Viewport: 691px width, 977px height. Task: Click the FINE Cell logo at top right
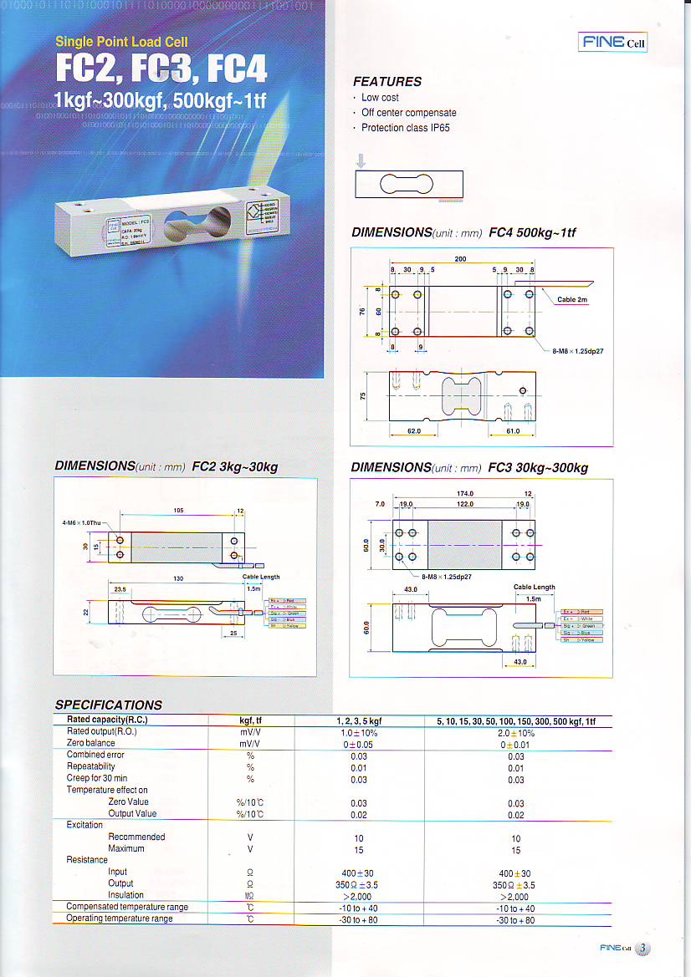coord(613,43)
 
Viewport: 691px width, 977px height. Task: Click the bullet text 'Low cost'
coord(380,98)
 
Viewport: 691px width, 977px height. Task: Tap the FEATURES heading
coord(386,81)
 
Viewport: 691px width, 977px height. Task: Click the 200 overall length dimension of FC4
coord(461,259)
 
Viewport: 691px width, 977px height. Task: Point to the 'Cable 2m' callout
coord(572,299)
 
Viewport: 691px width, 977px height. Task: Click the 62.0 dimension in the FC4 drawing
coord(413,431)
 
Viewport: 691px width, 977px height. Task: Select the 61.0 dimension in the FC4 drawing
coord(513,431)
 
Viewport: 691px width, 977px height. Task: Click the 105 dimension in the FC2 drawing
coord(179,511)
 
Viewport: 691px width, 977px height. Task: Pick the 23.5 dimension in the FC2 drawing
coord(120,589)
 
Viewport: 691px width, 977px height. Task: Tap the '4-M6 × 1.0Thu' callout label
coord(81,522)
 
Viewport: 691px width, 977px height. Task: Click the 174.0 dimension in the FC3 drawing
coord(465,494)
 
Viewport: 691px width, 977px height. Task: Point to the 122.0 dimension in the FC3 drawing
coord(465,504)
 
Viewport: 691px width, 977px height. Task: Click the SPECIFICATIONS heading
coord(108,705)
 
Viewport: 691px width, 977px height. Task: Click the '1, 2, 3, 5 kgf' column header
coord(358,720)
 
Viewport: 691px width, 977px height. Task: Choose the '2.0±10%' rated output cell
coord(516,732)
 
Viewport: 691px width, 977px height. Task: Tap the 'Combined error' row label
coord(95,755)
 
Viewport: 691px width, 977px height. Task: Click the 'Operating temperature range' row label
coord(120,918)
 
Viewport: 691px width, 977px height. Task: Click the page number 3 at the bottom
coord(642,948)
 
